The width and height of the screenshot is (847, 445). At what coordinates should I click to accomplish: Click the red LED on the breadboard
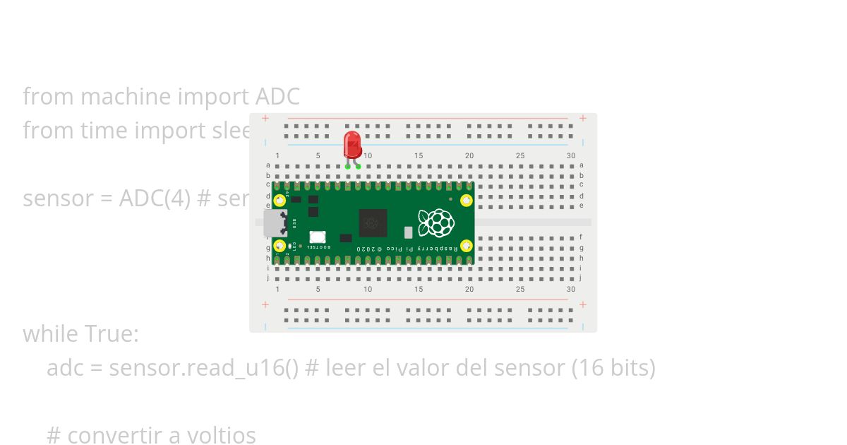tap(352, 144)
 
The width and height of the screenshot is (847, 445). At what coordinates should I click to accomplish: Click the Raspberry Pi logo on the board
tap(435, 222)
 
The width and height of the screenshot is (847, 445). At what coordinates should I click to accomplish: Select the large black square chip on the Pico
tap(373, 223)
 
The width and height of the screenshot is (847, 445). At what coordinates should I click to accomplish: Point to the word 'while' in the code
tap(51, 333)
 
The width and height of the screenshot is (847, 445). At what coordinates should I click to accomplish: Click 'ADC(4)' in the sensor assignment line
tap(155, 198)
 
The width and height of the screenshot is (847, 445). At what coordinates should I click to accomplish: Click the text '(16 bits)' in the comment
tap(613, 367)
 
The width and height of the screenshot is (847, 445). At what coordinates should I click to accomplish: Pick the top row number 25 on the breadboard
tap(520, 156)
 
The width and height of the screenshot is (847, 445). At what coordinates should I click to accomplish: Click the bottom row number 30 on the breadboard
tap(571, 289)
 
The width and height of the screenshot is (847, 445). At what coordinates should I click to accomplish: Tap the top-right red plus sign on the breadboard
tap(582, 118)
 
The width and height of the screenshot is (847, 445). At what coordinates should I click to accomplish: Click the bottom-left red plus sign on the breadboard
tap(265, 304)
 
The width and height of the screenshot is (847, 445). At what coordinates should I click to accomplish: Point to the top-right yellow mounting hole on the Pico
tap(466, 200)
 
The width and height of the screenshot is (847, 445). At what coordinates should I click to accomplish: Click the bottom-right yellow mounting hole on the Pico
tap(466, 246)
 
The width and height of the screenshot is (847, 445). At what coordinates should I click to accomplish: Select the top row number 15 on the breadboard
tap(419, 156)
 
